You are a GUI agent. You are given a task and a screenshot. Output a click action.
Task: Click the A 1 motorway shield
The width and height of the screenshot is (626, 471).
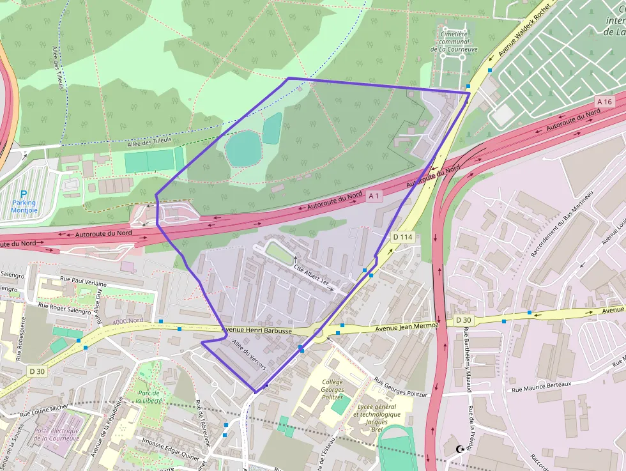374,196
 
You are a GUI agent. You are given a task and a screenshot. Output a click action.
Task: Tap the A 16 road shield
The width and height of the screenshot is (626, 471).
605,102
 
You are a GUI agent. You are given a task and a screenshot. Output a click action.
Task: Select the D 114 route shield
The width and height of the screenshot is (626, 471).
403,237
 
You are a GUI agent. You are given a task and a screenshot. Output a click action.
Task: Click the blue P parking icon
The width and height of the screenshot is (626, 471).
24,194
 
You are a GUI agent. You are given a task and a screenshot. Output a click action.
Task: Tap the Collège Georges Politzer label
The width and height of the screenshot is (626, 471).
332,389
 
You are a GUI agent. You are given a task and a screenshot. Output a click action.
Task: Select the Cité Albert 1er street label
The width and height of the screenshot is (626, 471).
312,275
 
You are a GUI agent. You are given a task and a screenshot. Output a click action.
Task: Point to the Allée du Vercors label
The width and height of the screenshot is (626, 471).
248,355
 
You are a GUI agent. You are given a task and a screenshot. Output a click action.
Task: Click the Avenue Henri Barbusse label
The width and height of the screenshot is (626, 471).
256,331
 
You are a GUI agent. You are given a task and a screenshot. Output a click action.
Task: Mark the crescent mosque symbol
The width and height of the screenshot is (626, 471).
459,451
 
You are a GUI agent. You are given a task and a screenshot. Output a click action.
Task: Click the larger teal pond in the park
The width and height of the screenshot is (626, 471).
243,148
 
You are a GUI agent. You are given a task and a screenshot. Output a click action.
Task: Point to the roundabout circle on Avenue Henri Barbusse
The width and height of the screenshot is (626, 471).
318,332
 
